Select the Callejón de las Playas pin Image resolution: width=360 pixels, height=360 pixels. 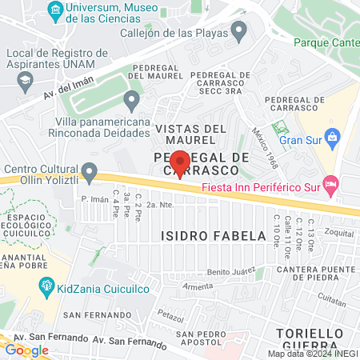point(238,32)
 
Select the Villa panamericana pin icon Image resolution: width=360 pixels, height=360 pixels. point(132,100)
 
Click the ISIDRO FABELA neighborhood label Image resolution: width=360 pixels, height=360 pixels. point(213,236)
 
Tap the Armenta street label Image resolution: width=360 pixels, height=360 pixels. point(198,286)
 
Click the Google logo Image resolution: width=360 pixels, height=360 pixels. point(26,350)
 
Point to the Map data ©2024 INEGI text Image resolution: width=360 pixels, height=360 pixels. point(312,354)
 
